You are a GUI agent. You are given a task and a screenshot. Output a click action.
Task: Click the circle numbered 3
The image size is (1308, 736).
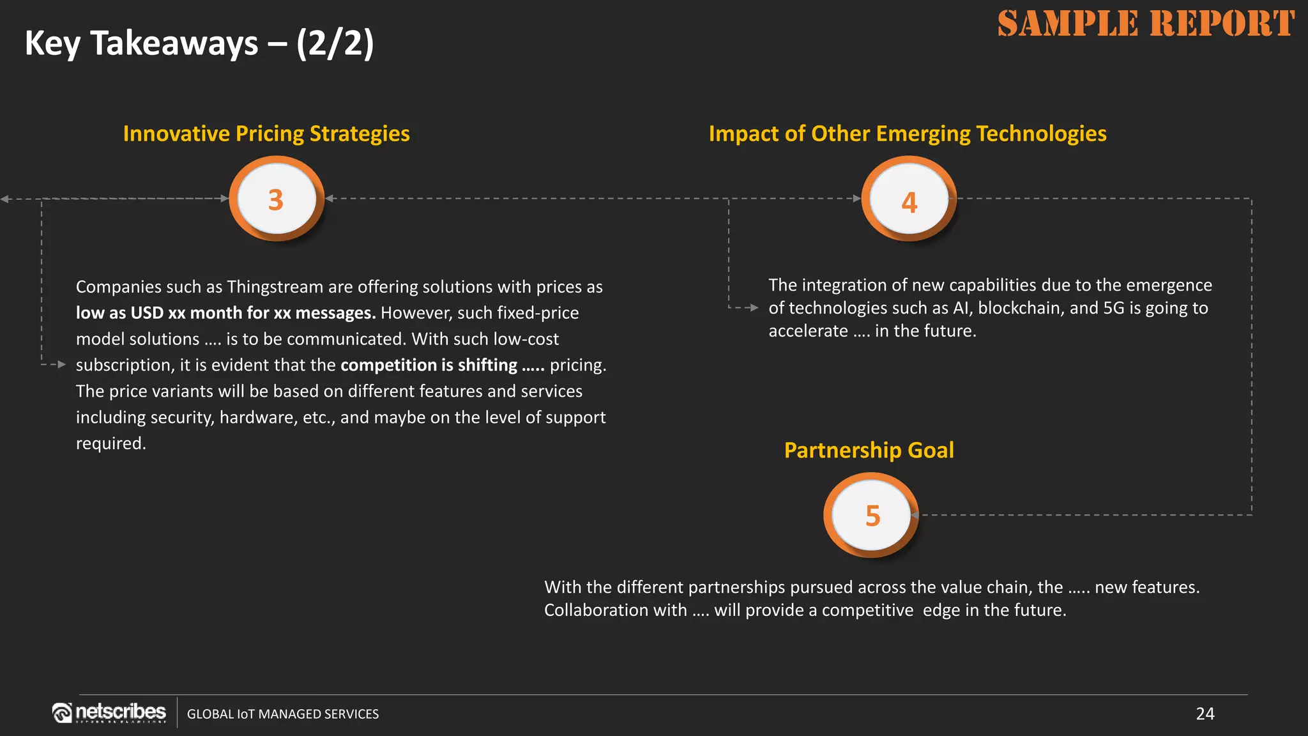[x=276, y=199]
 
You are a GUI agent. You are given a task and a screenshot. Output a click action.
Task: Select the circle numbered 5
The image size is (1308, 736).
[x=872, y=515]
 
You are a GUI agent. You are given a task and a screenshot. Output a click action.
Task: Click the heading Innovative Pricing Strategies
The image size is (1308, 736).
[x=266, y=134]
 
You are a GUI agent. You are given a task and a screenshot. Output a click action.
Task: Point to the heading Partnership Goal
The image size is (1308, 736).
[x=869, y=450]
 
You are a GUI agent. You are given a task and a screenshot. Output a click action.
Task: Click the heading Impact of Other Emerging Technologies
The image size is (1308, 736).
[x=907, y=134]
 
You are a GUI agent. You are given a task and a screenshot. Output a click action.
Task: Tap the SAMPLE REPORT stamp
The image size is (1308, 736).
[x=1146, y=24]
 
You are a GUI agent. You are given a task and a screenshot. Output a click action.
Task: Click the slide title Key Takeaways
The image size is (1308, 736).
[x=199, y=43]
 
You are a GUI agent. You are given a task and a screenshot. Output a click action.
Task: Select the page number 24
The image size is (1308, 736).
[x=1205, y=714]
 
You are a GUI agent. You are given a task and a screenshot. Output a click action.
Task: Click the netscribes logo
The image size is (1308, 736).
[x=109, y=712]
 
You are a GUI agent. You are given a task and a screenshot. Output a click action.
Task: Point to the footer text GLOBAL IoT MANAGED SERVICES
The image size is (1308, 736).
[x=282, y=714]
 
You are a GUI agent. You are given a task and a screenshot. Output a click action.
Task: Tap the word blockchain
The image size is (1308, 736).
[x=1021, y=308]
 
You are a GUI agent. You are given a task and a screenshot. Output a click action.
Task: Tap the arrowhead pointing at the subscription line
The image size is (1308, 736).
[x=61, y=364]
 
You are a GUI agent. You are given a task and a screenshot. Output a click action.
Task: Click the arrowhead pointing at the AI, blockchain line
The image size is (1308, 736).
[x=754, y=308]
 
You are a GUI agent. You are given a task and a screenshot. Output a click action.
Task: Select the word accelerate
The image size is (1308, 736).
[x=808, y=331]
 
